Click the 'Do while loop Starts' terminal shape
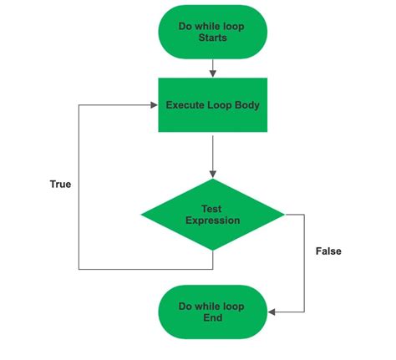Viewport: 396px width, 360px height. [x=213, y=32]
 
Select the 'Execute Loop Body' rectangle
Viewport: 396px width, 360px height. [x=213, y=105]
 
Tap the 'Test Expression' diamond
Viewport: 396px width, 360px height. [x=213, y=215]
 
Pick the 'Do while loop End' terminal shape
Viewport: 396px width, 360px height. [x=213, y=312]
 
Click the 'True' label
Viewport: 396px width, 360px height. [x=60, y=184]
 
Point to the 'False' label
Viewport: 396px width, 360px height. [x=328, y=251]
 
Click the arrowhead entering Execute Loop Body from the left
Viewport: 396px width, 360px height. [x=154, y=105]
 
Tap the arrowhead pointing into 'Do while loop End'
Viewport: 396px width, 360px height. [x=272, y=312]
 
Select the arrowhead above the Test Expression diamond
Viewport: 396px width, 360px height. [x=213, y=175]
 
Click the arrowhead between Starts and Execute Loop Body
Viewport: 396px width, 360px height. [x=213, y=74]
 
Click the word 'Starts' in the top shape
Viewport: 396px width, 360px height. [x=213, y=38]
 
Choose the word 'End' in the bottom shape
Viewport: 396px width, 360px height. [x=213, y=317]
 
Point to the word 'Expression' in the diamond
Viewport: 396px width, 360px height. [x=213, y=221]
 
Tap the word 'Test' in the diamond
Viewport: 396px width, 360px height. [x=211, y=209]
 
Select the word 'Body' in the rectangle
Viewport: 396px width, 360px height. [x=247, y=105]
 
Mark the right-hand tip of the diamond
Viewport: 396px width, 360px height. [x=285, y=215]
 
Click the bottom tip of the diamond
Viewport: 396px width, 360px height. [x=213, y=251]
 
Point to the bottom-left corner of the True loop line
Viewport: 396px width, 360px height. [x=79, y=269]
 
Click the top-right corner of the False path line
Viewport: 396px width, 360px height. [x=304, y=215]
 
